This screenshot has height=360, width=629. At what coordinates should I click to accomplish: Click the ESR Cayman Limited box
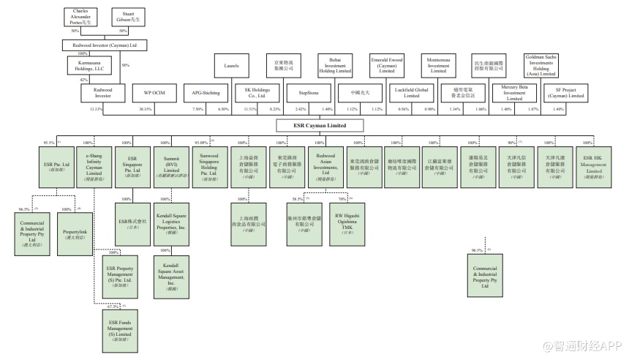point(319,125)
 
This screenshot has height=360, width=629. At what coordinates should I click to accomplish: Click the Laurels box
point(231,67)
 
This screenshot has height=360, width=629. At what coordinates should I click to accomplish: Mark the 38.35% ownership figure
point(146,108)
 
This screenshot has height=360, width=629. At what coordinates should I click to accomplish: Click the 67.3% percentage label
point(113,307)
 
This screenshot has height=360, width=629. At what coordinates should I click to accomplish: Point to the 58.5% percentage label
point(298,198)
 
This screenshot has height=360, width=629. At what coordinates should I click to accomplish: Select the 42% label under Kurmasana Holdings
point(83,80)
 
